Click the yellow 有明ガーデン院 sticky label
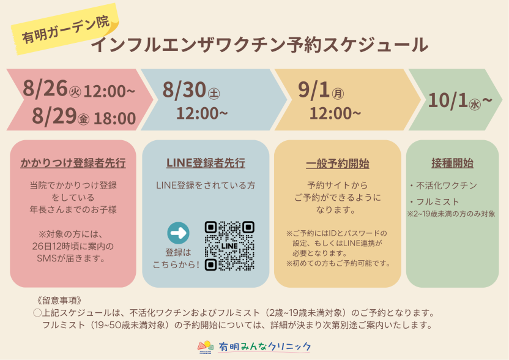click(65, 29)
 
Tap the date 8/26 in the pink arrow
click(45, 88)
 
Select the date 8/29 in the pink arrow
click(54, 116)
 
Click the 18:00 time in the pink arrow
click(114, 118)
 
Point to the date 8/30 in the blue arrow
click(184, 89)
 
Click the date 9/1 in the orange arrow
click(314, 89)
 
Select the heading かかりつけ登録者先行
click(73, 163)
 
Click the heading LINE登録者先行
click(206, 163)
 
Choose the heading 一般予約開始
click(338, 163)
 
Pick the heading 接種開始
click(452, 163)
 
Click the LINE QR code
click(229, 246)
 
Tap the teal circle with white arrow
click(178, 233)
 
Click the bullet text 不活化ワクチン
click(447, 186)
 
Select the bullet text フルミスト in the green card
click(437, 202)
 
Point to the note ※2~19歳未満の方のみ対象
click(451, 214)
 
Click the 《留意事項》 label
click(60, 300)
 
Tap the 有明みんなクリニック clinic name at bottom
click(264, 347)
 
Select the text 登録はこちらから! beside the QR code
click(177, 258)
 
